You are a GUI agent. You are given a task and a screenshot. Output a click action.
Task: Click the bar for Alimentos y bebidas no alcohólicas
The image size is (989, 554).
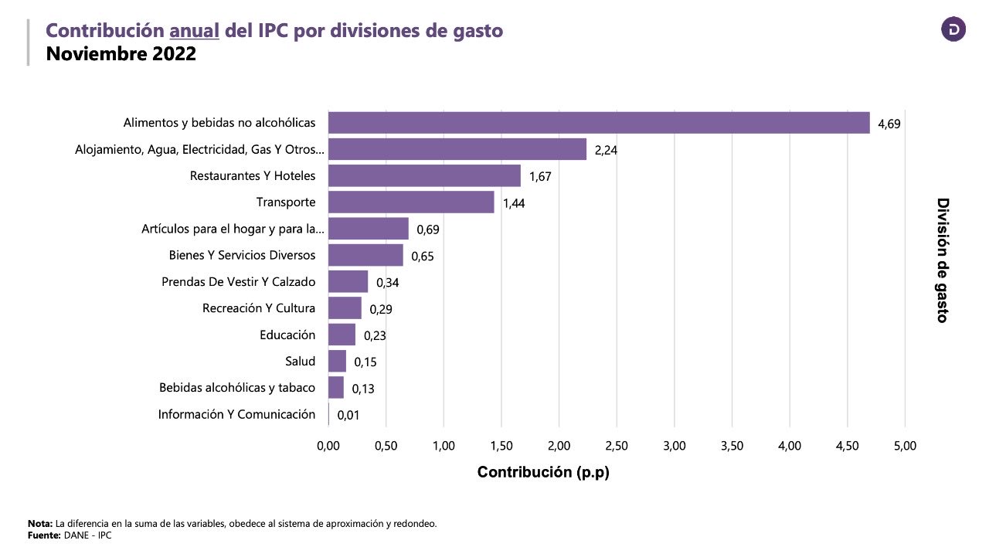coord(599,123)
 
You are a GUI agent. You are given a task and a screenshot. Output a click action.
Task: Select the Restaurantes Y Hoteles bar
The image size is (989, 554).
coord(424,175)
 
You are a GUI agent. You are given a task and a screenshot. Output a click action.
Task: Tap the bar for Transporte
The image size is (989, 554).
coord(411,202)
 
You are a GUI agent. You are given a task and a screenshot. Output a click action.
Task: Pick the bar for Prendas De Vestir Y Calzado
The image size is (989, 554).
coord(348,281)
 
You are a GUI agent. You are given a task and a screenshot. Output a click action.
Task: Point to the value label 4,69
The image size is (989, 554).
coord(889,124)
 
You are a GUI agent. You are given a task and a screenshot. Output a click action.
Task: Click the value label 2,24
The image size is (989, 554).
coord(606,150)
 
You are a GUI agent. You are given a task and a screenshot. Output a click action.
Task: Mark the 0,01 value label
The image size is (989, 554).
coord(348,415)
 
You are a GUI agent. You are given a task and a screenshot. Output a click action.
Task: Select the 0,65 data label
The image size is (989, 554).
coord(423,256)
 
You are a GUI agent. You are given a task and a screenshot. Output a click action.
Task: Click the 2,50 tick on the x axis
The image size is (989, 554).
coord(617,446)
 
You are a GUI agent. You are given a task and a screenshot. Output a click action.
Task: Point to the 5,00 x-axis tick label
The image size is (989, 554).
coord(905,446)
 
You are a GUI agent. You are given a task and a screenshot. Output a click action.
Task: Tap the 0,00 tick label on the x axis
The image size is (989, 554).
coord(328,446)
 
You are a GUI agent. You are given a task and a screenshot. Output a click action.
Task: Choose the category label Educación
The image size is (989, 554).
coord(287,335)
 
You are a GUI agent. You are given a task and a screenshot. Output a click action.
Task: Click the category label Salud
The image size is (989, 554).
coord(300,361)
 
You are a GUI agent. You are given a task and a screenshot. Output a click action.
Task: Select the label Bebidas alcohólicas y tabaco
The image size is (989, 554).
coord(237,387)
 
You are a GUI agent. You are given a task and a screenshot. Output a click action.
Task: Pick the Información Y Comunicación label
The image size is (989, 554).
coord(236,414)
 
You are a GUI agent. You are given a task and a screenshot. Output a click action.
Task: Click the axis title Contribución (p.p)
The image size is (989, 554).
coord(543,472)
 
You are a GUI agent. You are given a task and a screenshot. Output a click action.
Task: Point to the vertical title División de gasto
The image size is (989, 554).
coord(943,260)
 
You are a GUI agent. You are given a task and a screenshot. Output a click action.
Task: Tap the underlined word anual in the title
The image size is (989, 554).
coord(195,30)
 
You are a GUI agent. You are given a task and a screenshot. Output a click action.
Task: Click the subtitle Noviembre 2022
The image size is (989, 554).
coord(121,54)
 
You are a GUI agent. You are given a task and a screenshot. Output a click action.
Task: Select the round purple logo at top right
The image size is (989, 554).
coord(953,29)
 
